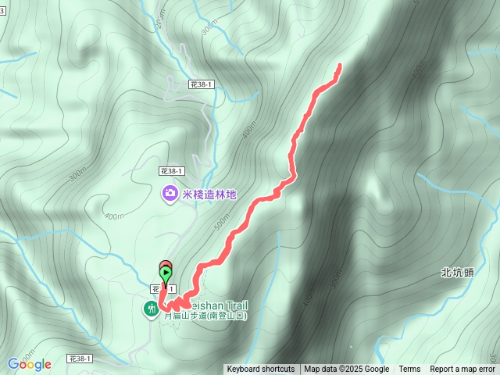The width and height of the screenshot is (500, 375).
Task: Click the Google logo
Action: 30,364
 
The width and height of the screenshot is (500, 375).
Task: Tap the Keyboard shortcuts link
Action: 261,370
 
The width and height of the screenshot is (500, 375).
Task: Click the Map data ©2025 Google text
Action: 346,370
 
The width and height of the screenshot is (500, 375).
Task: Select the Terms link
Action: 409,370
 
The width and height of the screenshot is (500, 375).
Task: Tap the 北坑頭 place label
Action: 457,273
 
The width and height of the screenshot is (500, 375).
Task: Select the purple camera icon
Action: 169,193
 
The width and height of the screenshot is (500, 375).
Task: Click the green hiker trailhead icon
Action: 150,310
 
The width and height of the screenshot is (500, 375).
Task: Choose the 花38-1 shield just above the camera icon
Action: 170,170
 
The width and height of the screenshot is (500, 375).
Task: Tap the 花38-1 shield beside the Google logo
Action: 80,358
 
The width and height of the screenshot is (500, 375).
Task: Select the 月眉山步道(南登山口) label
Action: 205,316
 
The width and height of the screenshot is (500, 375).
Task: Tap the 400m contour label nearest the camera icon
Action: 114,216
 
